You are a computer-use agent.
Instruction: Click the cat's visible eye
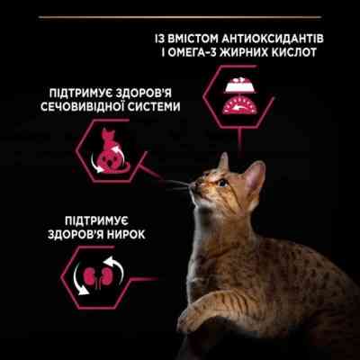(221, 182)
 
